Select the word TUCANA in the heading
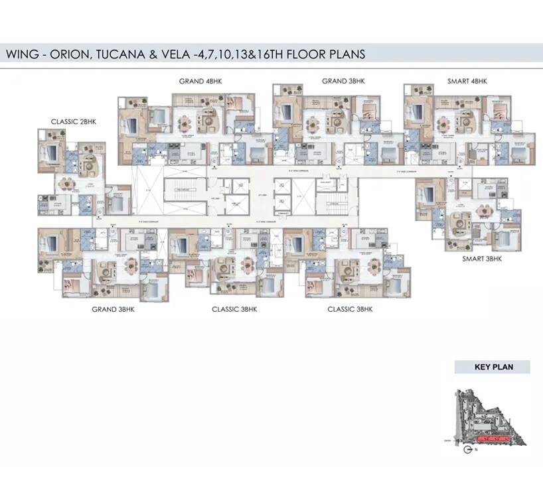(x=128, y=54)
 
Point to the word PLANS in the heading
(x=343, y=54)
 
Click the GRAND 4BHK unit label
(x=200, y=81)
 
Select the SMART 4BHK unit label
(x=467, y=81)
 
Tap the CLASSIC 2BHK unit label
(x=74, y=121)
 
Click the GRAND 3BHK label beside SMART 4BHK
(x=343, y=81)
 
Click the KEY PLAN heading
(x=492, y=366)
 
